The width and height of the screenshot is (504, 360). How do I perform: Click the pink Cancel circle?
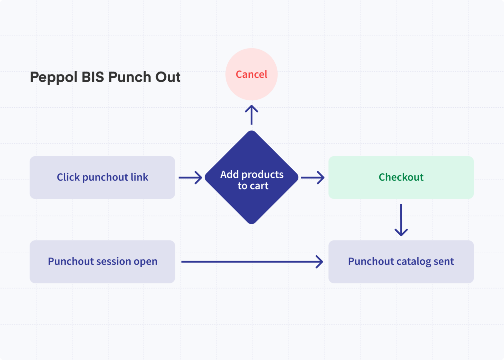(251, 74)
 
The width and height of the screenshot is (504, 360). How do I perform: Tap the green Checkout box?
(401, 177)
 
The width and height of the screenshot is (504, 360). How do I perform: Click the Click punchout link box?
(102, 177)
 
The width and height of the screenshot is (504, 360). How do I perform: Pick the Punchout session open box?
(102, 262)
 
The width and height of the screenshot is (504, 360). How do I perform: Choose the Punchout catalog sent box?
(401, 262)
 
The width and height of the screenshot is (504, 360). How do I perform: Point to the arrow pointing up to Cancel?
(251, 115)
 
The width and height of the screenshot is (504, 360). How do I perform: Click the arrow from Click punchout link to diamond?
(190, 178)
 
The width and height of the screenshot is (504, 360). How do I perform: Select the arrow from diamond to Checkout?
(312, 178)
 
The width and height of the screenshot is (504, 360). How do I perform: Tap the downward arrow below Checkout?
(401, 220)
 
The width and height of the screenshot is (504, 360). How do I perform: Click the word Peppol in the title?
(53, 77)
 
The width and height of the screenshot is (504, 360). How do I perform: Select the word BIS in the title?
(93, 77)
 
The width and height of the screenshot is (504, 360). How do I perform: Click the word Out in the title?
(168, 77)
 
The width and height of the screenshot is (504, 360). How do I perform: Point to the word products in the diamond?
(262, 175)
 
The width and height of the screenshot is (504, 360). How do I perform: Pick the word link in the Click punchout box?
(139, 177)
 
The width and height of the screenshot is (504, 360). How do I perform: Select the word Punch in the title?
(130, 77)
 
